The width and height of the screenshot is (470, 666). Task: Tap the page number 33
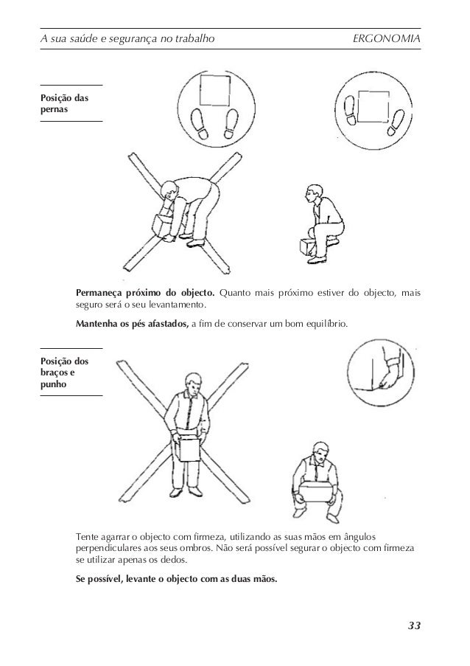[414, 626]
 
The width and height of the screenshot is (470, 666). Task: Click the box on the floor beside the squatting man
[306, 246]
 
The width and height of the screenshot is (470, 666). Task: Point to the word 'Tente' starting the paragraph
[88, 535]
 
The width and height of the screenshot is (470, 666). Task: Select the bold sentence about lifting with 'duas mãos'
[177, 578]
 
